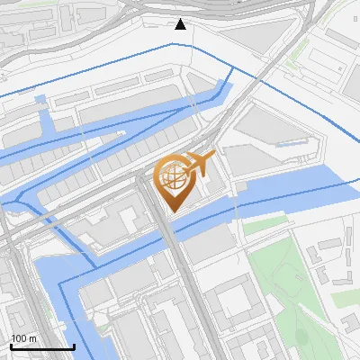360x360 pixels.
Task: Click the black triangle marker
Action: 181,23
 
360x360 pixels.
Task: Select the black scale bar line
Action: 42,346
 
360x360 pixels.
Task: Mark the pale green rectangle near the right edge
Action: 346,297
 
